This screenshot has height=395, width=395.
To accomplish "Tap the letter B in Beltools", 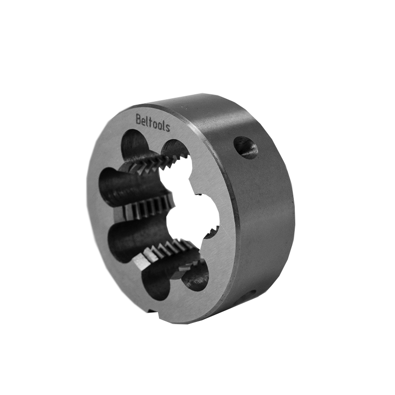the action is click(139, 119).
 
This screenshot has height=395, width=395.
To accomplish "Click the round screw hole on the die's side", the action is click(246, 148).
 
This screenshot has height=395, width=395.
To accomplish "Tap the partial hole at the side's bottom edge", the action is click(249, 294).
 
